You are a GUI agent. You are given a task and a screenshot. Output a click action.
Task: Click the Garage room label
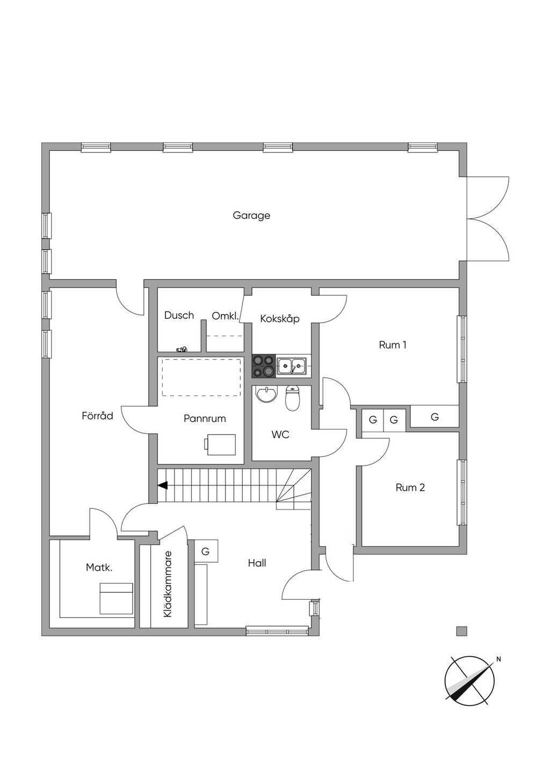pos(251,216)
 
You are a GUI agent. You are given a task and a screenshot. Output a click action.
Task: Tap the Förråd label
pos(97,416)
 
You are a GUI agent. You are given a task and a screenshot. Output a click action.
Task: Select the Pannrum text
pos(205,418)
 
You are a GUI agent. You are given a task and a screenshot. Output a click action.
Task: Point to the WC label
pos(280,434)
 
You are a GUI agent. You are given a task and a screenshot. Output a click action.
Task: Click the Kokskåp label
pos(280,319)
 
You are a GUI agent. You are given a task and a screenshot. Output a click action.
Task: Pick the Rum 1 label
pos(393,345)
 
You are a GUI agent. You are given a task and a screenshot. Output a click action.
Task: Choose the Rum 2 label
pos(410,488)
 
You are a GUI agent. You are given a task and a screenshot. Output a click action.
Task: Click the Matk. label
pos(99,568)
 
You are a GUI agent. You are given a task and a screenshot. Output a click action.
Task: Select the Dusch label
pos(179,315)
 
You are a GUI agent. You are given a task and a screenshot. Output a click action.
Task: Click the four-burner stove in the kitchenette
pos(264,366)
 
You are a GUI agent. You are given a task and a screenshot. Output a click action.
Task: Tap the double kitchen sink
pos(292,366)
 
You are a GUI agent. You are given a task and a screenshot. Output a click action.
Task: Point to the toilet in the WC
pos(293,398)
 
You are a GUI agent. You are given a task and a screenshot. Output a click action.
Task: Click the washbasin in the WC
pos(267,394)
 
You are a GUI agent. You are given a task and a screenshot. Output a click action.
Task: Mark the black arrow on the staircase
pos(163,485)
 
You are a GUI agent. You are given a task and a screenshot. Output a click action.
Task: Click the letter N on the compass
pos(498,659)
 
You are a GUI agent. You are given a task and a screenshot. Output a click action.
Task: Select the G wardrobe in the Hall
pos(206,551)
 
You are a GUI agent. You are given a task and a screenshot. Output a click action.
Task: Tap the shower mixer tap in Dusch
pos(182,349)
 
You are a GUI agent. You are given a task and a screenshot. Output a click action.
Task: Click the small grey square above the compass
pos(462,631)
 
